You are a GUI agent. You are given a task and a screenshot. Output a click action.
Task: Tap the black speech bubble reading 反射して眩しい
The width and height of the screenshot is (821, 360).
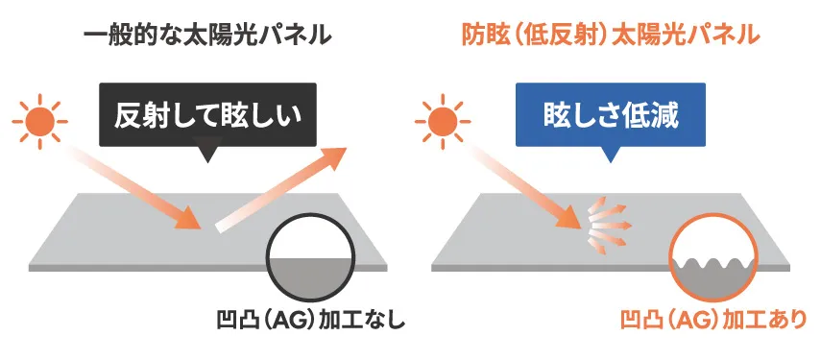pos(207,114)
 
